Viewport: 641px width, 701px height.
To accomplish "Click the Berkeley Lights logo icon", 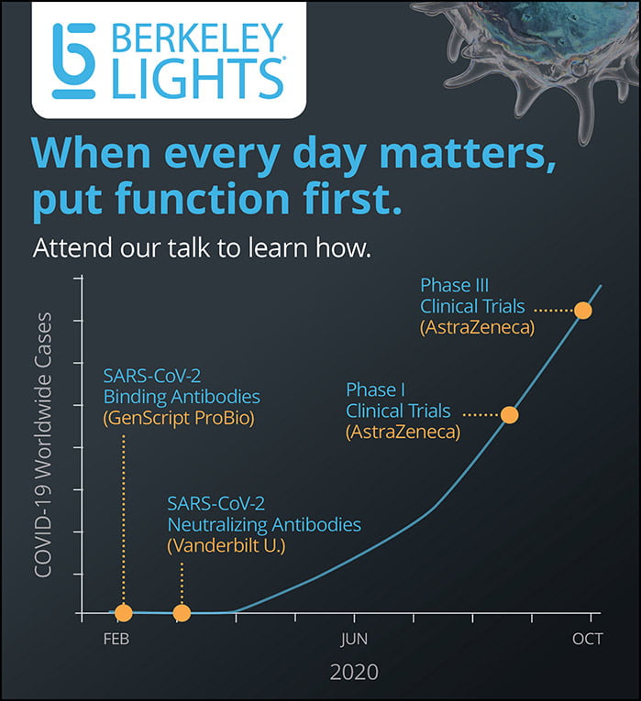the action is point(73,60).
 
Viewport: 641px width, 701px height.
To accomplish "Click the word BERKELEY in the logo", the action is point(197,38).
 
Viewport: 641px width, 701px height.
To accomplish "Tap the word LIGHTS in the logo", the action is point(197,79).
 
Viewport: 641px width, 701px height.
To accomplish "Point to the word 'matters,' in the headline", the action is point(468,153).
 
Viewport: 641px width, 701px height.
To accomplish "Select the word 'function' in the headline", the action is point(203,198).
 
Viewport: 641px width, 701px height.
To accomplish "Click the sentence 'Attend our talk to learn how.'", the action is point(202,248).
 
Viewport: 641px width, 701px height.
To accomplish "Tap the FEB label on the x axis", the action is point(116,639).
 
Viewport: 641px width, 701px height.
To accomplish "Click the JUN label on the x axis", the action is point(354,639).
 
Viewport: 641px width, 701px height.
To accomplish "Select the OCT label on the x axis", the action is point(587,639).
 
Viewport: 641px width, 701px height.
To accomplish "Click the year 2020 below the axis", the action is point(354,672).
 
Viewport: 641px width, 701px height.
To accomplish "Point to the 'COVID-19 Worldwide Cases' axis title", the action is point(43,445).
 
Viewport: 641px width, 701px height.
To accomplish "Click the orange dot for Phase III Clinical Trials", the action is point(583,310).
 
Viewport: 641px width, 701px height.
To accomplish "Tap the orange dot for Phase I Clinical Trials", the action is point(510,415).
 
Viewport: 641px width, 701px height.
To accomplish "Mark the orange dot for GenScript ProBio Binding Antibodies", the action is point(124,612).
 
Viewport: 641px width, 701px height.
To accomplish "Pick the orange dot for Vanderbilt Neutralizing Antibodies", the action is point(182,612).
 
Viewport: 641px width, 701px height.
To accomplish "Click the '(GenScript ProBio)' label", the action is point(179,418).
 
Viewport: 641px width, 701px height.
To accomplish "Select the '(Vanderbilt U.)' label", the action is point(227,546).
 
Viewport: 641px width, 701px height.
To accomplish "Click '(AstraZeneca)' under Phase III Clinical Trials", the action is point(477,327).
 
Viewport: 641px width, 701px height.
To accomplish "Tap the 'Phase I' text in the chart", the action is point(375,389).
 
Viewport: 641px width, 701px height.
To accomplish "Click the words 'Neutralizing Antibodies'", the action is point(264,525).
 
